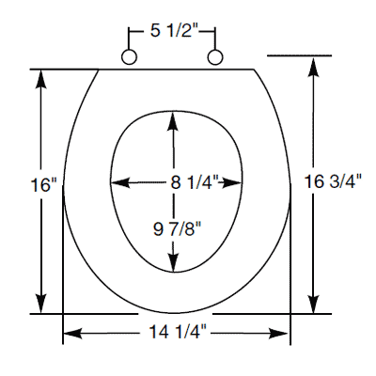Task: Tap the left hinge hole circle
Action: (129, 57)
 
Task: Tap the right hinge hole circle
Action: (215, 57)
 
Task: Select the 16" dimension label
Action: (45, 185)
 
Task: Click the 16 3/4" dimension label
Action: (333, 181)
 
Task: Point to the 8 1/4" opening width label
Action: (195, 182)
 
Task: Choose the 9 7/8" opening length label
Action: (177, 229)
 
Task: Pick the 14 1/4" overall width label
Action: (178, 331)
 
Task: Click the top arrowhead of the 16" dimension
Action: (41, 81)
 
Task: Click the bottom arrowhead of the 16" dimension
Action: (41, 303)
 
